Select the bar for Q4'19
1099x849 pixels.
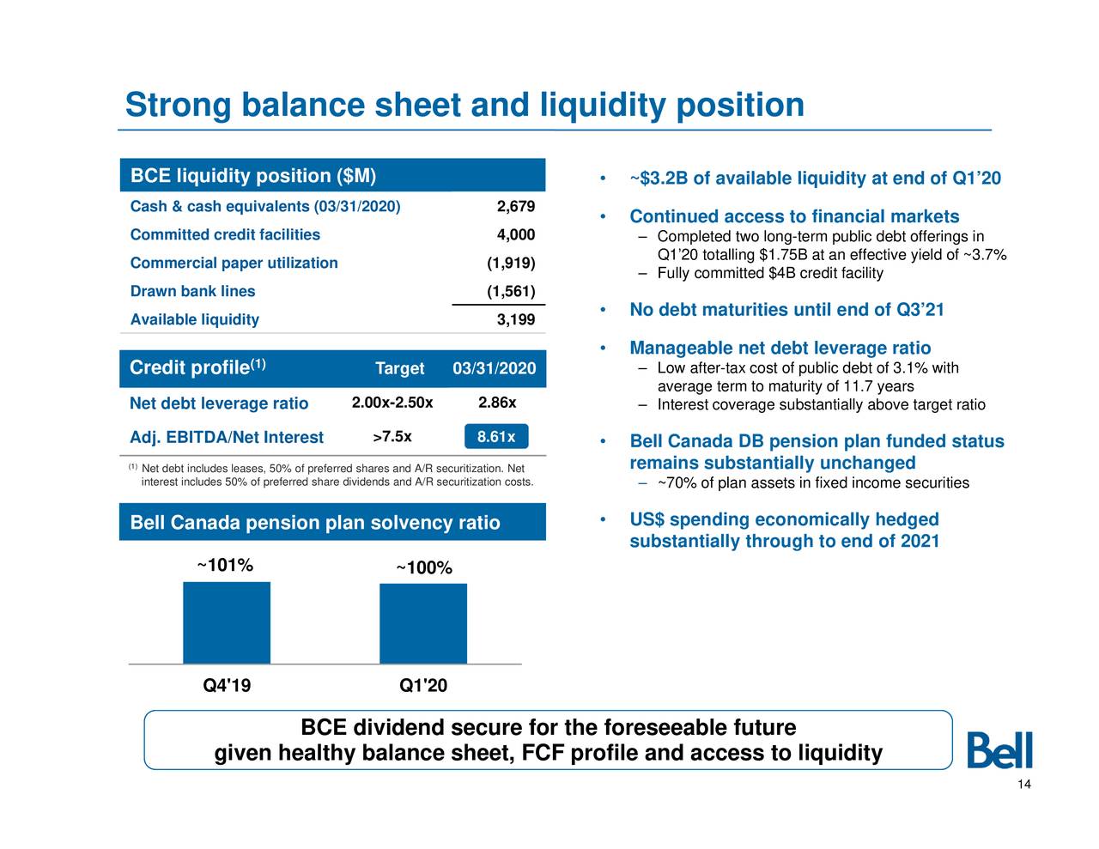click(x=227, y=622)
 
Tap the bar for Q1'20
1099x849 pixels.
click(x=423, y=623)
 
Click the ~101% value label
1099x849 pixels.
click(x=225, y=566)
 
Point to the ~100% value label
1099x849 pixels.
click(x=423, y=568)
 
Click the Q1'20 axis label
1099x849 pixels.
click(x=423, y=686)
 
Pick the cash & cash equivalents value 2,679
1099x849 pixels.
click(x=516, y=206)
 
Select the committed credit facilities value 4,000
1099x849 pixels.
click(x=516, y=235)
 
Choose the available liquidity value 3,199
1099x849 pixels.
click(x=516, y=320)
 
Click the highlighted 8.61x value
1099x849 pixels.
click(x=495, y=437)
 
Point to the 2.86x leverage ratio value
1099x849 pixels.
click(x=497, y=403)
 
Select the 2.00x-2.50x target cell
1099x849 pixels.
click(x=392, y=403)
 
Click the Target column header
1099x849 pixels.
click(x=399, y=369)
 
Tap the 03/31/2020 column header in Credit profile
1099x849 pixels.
click(x=494, y=369)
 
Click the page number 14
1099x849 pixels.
click(x=1023, y=785)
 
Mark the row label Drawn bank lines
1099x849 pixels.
click(x=192, y=291)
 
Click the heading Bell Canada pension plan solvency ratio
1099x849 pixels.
click(x=315, y=523)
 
